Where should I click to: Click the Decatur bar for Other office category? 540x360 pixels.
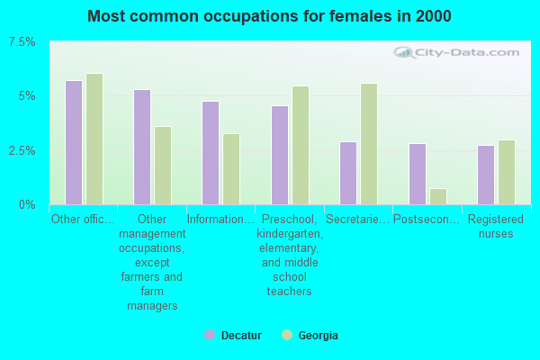tap(74, 142)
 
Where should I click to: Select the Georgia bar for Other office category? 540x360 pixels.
tap(94, 139)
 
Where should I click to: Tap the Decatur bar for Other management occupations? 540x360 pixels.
tap(142, 147)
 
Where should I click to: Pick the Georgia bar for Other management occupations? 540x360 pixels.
tap(163, 166)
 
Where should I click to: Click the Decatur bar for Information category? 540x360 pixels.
tap(211, 153)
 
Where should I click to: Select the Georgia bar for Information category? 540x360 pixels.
tap(231, 169)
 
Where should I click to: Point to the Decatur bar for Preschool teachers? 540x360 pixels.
tap(280, 155)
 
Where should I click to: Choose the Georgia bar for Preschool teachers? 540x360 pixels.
tap(301, 145)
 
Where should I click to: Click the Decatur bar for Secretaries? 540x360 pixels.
tap(348, 173)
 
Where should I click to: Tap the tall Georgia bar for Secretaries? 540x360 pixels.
tap(369, 144)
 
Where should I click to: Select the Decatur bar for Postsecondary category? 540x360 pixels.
tap(418, 174)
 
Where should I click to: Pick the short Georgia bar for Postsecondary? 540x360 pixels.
tap(438, 196)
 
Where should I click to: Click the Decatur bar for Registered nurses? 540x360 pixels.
tap(486, 175)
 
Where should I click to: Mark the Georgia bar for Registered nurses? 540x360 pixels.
tap(507, 172)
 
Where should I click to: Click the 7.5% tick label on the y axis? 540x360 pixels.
tap(22, 42)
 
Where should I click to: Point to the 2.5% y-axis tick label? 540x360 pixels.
tap(22, 150)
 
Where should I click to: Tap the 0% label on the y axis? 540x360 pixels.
tap(28, 204)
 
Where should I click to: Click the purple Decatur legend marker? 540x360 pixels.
tap(210, 335)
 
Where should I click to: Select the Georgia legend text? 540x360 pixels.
tap(319, 335)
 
